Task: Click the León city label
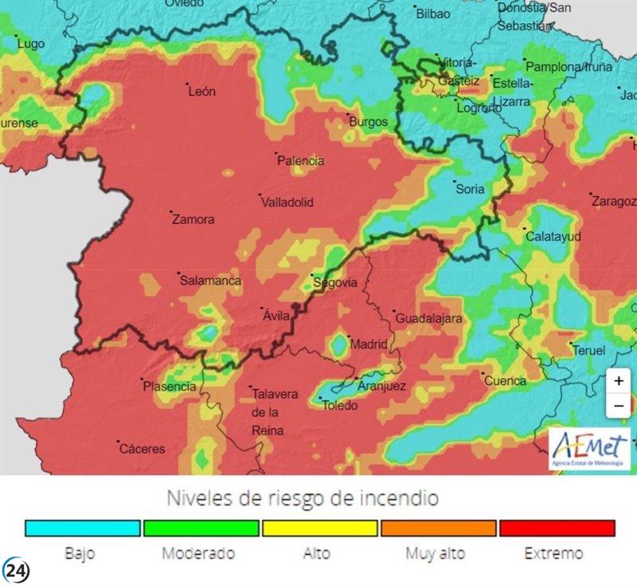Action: (x=201, y=92)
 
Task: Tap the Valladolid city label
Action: (x=287, y=203)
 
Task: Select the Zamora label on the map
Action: (x=193, y=219)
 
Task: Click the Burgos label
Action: (x=368, y=122)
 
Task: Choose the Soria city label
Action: (x=469, y=189)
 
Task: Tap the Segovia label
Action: (x=334, y=282)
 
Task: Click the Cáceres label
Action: (x=142, y=449)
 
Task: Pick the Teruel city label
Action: (x=588, y=350)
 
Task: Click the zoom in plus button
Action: (x=619, y=381)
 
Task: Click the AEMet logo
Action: (x=590, y=448)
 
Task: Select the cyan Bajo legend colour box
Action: (x=83, y=528)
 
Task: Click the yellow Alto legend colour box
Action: (x=319, y=528)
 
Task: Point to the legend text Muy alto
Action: (x=435, y=553)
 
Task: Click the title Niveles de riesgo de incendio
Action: (x=303, y=498)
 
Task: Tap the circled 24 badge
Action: (x=15, y=571)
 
